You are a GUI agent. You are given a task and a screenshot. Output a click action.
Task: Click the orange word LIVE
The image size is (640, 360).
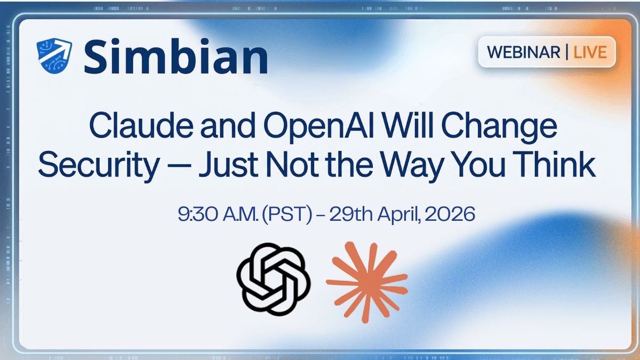coord(590,52)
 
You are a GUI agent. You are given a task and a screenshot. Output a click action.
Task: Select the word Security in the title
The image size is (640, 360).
coord(98,166)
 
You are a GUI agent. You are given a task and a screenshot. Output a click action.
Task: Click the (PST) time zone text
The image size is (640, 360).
coord(287,214)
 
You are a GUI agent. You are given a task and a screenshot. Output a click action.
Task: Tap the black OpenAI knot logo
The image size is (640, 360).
coord(273,279)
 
